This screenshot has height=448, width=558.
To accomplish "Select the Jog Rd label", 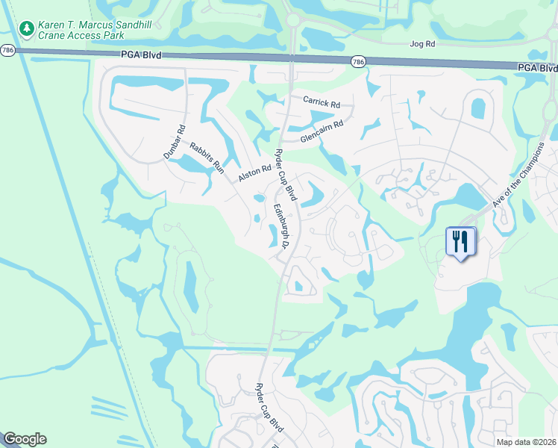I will pos(422,44).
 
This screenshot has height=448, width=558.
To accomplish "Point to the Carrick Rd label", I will pos(321,101).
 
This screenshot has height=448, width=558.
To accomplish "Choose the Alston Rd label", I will pos(254,174).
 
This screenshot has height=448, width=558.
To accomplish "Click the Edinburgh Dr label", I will pos(281,226).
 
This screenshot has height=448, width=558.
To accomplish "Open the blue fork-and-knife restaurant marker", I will pos(460,242).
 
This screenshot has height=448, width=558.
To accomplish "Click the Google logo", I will pos(25,439).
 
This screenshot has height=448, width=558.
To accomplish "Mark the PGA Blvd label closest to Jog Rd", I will pos(536,67).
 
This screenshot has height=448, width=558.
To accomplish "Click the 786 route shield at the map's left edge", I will pos(7,50).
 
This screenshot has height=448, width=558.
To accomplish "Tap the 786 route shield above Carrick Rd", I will pos(358,61).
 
